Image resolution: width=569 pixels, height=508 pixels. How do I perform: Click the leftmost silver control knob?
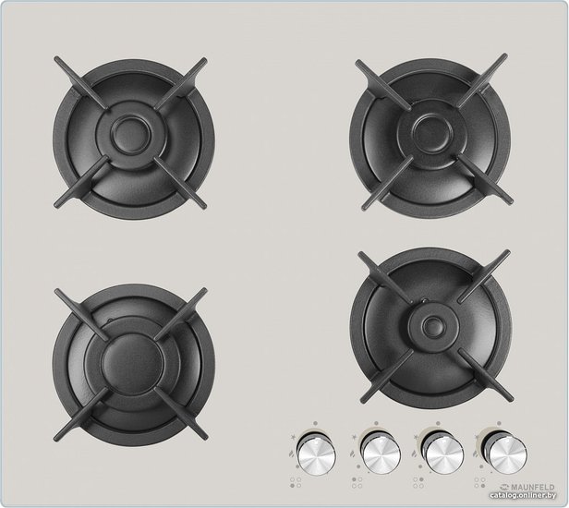pyautogui.click(x=316, y=453)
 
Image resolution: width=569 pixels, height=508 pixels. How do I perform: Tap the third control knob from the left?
pyautogui.click(x=443, y=453)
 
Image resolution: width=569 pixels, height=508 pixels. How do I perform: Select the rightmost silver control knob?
pyautogui.click(x=506, y=453)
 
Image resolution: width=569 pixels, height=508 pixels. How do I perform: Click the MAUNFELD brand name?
pyautogui.click(x=533, y=487)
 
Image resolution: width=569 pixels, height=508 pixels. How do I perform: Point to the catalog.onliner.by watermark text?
pyautogui.click(x=523, y=495)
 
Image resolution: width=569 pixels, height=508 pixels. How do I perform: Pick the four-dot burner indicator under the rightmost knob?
pyautogui.click(x=479, y=482)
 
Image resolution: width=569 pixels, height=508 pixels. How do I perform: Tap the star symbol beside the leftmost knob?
pyautogui.click(x=293, y=437)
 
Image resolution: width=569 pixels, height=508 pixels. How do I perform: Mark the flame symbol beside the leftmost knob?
pyautogui.click(x=291, y=453)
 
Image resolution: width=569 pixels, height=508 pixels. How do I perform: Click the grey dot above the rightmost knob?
pyautogui.click(x=500, y=423)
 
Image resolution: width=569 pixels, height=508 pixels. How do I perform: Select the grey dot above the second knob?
pyautogui.click(x=377, y=423)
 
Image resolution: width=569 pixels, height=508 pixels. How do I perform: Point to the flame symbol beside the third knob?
pyautogui.click(x=414, y=453)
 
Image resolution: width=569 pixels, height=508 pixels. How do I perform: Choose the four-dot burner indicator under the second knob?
pyautogui.click(x=357, y=482)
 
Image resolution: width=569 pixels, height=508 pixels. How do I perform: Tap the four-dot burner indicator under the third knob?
pyautogui.click(x=418, y=482)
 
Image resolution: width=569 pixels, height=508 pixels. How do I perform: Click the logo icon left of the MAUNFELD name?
pyautogui.click(x=504, y=488)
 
